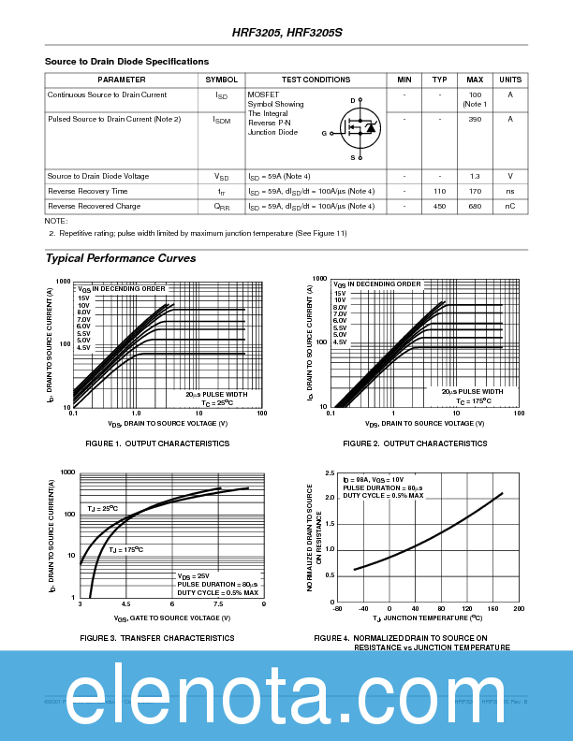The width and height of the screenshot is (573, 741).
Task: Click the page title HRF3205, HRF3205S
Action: tap(287, 32)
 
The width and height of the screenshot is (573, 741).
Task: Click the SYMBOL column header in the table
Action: tap(221, 80)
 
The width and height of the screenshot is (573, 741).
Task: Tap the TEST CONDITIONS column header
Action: tap(316, 80)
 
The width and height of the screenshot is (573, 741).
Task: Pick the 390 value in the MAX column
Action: tap(475, 119)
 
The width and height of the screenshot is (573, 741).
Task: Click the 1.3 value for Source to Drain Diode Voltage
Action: tap(475, 176)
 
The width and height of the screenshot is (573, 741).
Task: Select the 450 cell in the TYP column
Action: tap(439, 206)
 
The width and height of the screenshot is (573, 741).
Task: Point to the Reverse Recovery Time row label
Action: tap(88, 191)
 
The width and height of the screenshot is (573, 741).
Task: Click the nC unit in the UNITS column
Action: tap(510, 206)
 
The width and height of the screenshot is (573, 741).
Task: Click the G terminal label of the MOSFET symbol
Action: tap(324, 134)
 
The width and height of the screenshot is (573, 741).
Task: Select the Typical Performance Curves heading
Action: tap(121, 258)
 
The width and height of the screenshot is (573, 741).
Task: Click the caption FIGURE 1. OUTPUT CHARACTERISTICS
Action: tap(144, 443)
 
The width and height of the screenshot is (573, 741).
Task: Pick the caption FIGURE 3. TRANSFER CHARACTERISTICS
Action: tap(144, 637)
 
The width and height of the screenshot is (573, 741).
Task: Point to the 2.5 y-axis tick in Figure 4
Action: tap(330, 473)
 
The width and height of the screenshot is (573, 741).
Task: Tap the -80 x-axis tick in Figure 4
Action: tap(337, 609)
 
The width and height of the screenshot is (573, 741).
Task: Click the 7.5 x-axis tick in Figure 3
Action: tap(217, 605)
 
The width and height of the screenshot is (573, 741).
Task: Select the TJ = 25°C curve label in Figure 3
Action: tap(102, 508)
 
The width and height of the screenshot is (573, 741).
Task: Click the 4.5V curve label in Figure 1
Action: tap(83, 347)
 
